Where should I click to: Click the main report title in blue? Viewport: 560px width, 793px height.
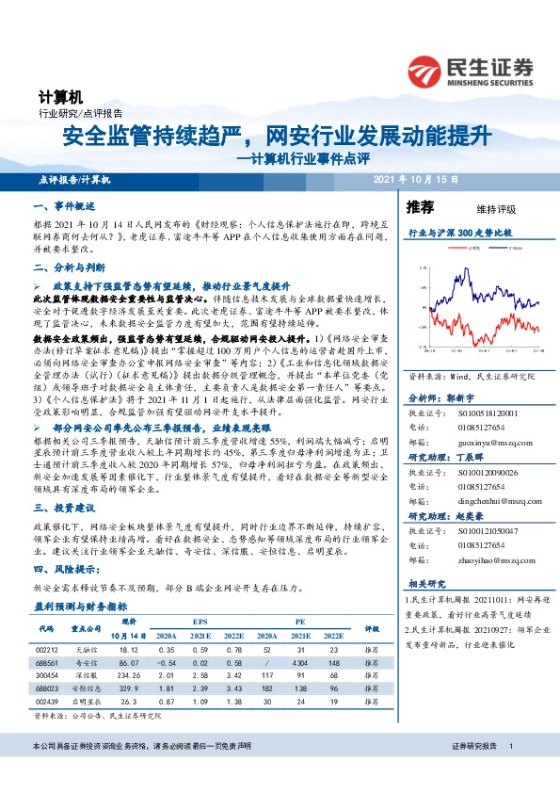pyautogui.click(x=277, y=137)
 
